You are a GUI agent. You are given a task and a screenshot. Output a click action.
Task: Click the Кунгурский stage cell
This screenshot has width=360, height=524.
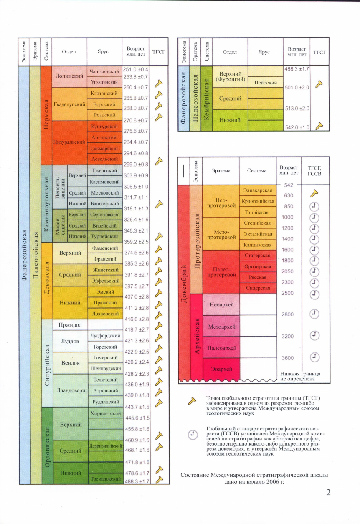pos(104,126)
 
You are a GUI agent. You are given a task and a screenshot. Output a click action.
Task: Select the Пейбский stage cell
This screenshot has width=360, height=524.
pos(263,82)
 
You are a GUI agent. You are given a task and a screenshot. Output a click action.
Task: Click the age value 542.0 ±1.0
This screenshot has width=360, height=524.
pos(297,127)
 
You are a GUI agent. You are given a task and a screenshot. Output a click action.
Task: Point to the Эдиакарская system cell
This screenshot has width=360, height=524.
pos(257,190)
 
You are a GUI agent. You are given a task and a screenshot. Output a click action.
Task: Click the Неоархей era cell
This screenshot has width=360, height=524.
pos(221,304)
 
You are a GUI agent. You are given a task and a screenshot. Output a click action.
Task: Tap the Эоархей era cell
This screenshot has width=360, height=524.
pos(221,369)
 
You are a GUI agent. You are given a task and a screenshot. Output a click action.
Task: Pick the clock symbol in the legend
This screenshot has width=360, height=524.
pos(193,435)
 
